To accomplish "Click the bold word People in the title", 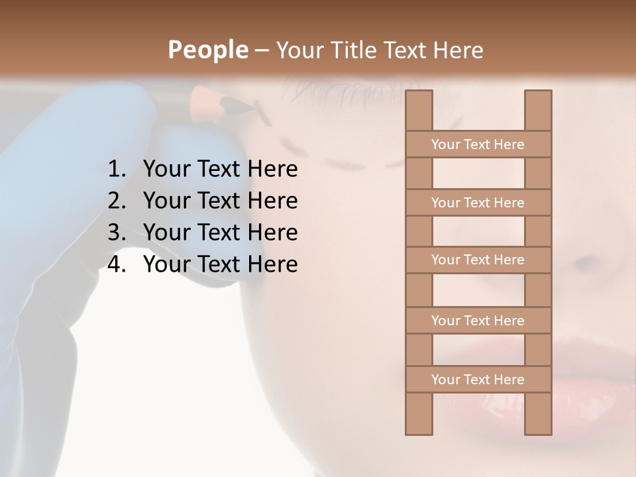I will coord(207,50).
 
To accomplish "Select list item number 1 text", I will coord(220,169).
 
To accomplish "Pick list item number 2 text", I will coord(220,201).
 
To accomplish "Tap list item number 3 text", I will coord(220,233).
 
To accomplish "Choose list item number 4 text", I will coord(220,264).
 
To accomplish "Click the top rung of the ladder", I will coord(478,144).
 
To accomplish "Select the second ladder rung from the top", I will coord(478,203).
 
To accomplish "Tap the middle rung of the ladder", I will coord(478,260).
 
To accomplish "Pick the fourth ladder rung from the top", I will coord(478,321).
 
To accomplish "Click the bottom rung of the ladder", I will coord(478,380).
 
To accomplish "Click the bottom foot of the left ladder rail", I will coord(419,431).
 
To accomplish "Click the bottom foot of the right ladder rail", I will coord(538,431).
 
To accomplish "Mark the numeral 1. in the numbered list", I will coord(117,169).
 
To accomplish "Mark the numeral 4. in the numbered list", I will coord(117,264).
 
